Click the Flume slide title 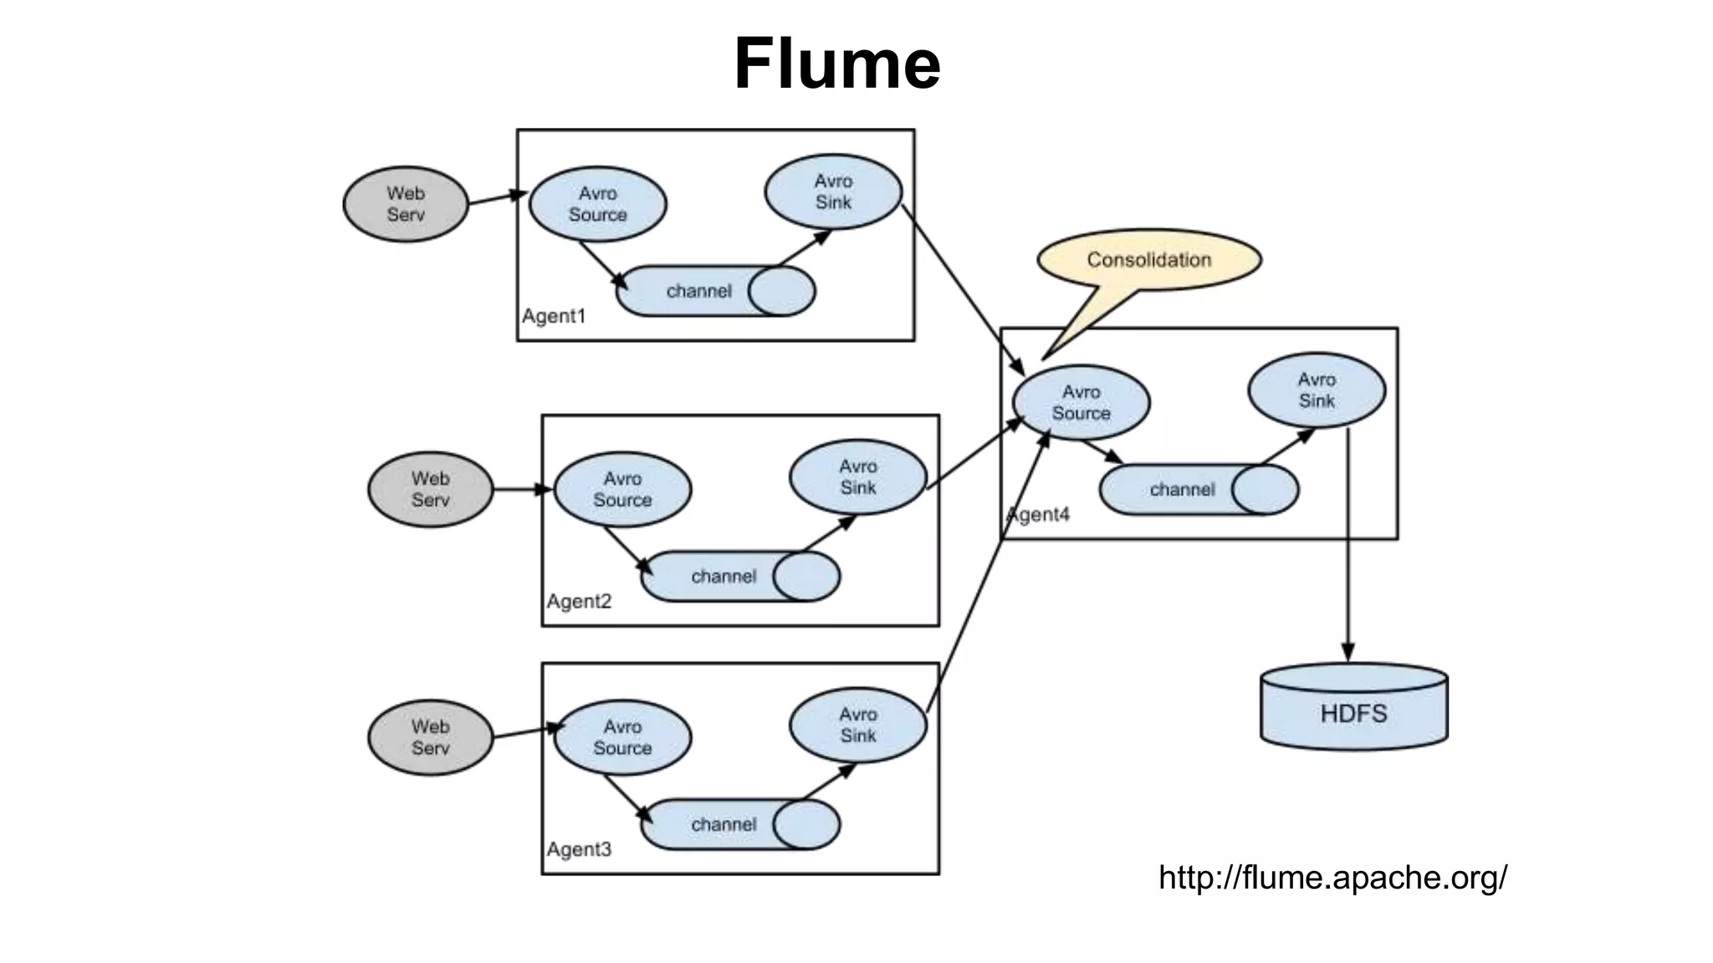click(837, 64)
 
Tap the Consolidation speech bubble click(1148, 260)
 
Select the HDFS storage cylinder click(1353, 707)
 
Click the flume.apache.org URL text click(1332, 877)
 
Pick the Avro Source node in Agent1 click(597, 204)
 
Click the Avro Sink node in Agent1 click(833, 191)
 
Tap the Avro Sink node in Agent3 click(857, 725)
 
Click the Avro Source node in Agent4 click(1081, 402)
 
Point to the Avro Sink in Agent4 click(1316, 390)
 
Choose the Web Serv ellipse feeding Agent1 click(406, 204)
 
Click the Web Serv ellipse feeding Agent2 click(430, 489)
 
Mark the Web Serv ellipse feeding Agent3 click(430, 737)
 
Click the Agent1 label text click(554, 316)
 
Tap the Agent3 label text click(579, 849)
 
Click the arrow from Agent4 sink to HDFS click(1347, 543)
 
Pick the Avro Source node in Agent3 click(622, 737)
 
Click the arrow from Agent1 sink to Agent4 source click(962, 288)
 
